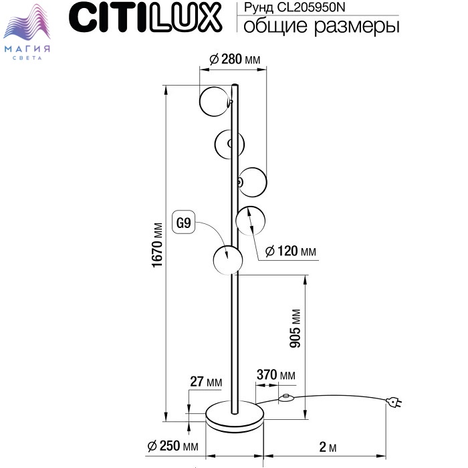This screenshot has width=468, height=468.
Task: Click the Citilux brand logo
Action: pos(145,17)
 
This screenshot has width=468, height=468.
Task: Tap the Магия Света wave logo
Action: pos(27,31)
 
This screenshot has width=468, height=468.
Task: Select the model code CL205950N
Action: pos(311,7)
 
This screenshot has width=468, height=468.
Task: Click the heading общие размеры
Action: pos(321,26)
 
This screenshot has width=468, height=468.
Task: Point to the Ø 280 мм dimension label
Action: pos(235,59)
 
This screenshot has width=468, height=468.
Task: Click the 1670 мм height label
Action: pos(157,245)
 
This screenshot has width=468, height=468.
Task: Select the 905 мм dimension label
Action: pos(296,328)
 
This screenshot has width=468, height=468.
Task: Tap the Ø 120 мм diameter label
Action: pos(290,251)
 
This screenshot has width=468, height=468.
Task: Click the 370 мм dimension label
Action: pos(275,374)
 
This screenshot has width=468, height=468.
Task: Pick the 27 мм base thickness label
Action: pos(206,382)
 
